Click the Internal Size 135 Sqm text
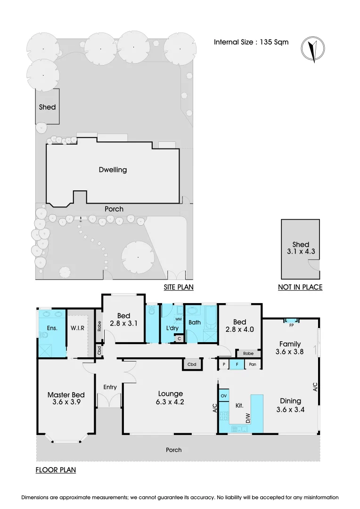(251, 42)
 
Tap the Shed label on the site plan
(47, 107)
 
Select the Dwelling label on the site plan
(113, 170)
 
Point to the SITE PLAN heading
(179, 287)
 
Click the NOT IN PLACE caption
(301, 287)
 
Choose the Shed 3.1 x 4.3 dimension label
(301, 248)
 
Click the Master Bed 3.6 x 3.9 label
(66, 399)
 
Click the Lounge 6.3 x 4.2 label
(170, 398)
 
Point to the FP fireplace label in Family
(291, 325)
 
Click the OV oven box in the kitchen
(224, 395)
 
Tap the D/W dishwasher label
(246, 417)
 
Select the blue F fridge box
(237, 364)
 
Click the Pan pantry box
(253, 364)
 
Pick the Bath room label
(195, 323)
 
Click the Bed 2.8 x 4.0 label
(239, 326)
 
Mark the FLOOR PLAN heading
(56, 470)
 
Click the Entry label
(110, 387)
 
